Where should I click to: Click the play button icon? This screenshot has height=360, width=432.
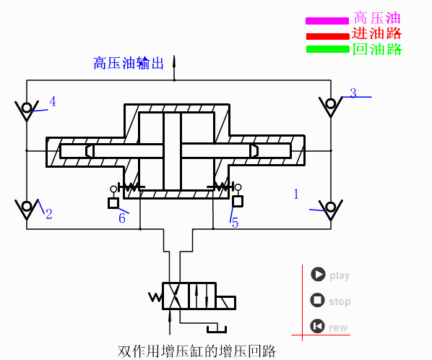click(317, 275)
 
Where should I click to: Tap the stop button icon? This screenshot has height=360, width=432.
click(317, 300)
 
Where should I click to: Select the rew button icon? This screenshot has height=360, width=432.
click(317, 326)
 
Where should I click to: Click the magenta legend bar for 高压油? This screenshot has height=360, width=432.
click(327, 20)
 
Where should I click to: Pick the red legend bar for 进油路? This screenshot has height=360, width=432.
click(327, 35)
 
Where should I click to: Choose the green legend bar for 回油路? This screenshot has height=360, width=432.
click(327, 50)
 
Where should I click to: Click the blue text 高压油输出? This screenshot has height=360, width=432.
click(129, 64)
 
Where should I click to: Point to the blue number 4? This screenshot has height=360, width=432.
click(52, 101)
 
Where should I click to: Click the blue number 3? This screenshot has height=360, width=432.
click(353, 93)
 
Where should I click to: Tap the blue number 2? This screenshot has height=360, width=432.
click(49, 214)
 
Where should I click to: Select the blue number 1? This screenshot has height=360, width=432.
click(295, 193)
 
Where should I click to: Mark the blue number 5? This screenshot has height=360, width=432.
click(235, 223)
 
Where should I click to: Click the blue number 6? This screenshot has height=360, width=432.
click(122, 218)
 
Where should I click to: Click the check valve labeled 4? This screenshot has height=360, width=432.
click(27, 111)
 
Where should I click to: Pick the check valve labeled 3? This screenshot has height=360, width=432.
click(331, 106)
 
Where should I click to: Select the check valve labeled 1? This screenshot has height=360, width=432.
click(331, 209)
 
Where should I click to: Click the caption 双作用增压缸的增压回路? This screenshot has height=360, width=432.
click(196, 352)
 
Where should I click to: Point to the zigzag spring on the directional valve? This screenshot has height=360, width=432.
click(155, 296)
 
